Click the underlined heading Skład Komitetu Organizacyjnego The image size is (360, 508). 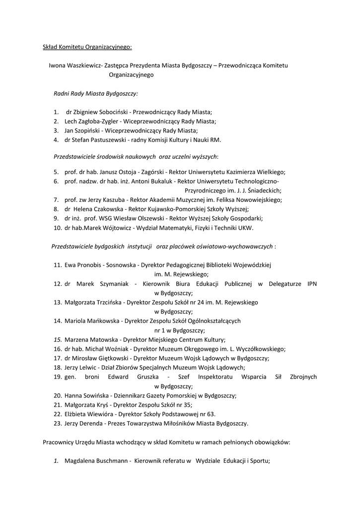coord(87,48)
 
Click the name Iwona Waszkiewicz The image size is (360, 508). coord(74,65)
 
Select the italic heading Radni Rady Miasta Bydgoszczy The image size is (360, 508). coord(95,93)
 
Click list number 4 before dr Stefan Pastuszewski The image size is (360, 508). coord(56,140)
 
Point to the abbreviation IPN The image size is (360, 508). coord(312,284)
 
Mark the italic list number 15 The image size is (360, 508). coord(58,340)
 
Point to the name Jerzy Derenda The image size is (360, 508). coord(84,424)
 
